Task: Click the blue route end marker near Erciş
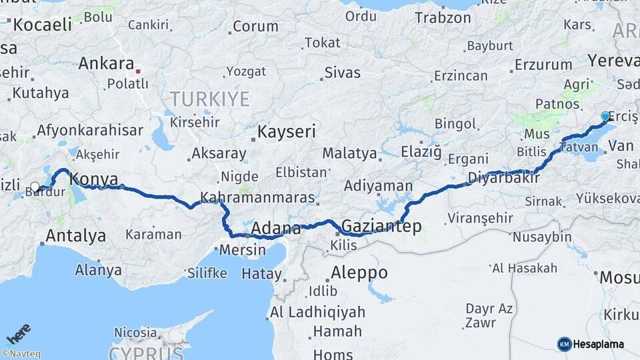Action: (x=605, y=116)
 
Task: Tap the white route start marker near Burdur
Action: (x=35, y=187)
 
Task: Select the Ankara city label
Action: (x=107, y=64)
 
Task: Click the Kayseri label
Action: (x=287, y=131)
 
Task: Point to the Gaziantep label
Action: (x=381, y=226)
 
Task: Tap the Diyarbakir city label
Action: (x=503, y=178)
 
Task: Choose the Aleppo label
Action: (x=359, y=273)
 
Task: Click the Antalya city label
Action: (x=76, y=235)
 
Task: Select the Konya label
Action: (x=94, y=179)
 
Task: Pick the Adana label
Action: (x=277, y=229)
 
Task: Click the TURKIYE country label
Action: (x=209, y=99)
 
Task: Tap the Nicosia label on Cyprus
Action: (x=135, y=331)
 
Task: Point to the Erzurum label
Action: (x=543, y=65)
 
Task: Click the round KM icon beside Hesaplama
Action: (x=564, y=344)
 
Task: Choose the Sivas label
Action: (x=342, y=73)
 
